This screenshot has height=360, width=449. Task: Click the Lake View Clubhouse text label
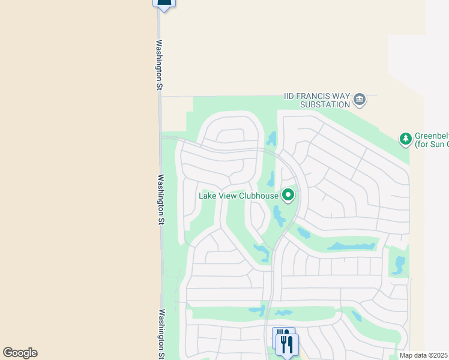239,196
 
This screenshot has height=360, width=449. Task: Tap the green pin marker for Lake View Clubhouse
289,195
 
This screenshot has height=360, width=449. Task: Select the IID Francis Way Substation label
317,100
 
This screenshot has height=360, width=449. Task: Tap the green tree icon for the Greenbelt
406,139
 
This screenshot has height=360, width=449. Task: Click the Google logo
20,353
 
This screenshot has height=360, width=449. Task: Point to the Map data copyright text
424,355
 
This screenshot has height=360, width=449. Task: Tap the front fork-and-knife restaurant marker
288,344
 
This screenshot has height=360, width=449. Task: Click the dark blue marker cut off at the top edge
164,4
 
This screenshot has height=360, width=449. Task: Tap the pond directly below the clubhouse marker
279,215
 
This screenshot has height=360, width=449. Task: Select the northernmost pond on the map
272,139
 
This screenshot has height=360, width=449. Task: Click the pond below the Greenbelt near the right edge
399,263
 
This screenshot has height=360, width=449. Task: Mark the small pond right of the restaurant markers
357,316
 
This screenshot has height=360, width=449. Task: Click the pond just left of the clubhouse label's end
271,179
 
